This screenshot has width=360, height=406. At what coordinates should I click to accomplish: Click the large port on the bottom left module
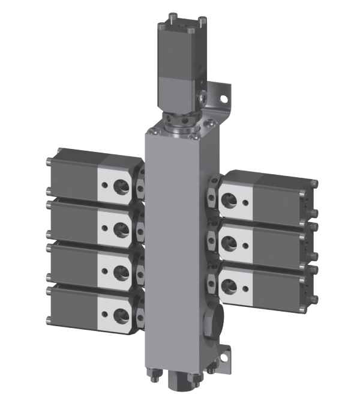pyautogui.click(x=121, y=314)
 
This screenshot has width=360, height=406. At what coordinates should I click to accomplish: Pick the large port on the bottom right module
pyautogui.click(x=229, y=285)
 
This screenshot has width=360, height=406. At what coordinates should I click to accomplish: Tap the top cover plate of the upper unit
pyautogui.click(x=176, y=26)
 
